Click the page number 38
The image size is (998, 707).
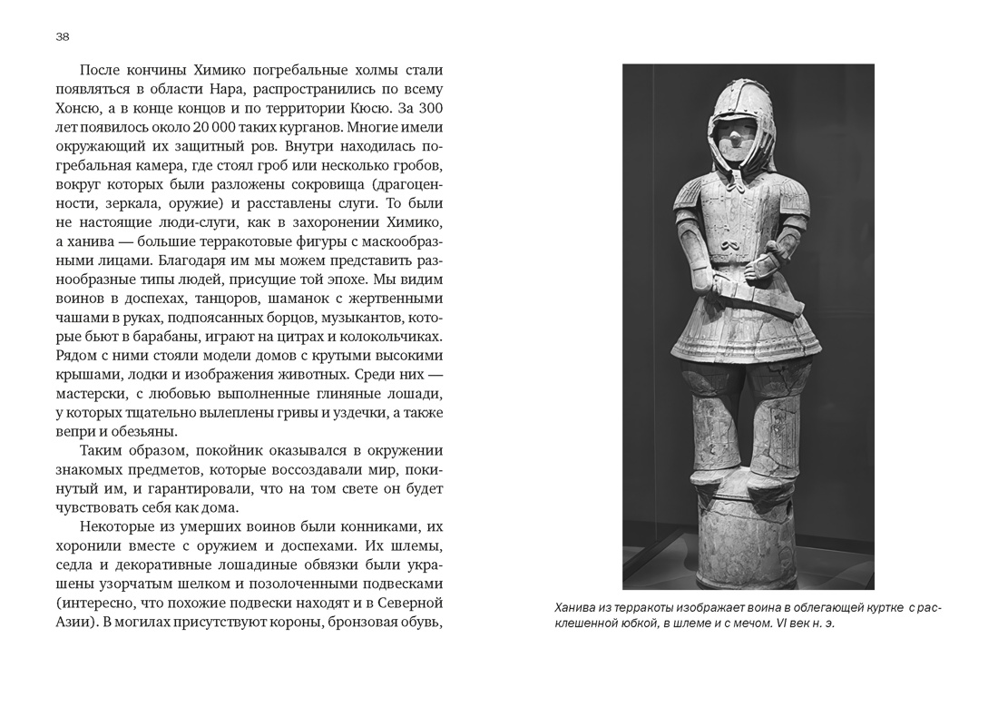click(62, 37)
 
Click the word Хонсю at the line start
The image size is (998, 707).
click(79, 108)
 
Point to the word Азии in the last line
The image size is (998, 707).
click(73, 623)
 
